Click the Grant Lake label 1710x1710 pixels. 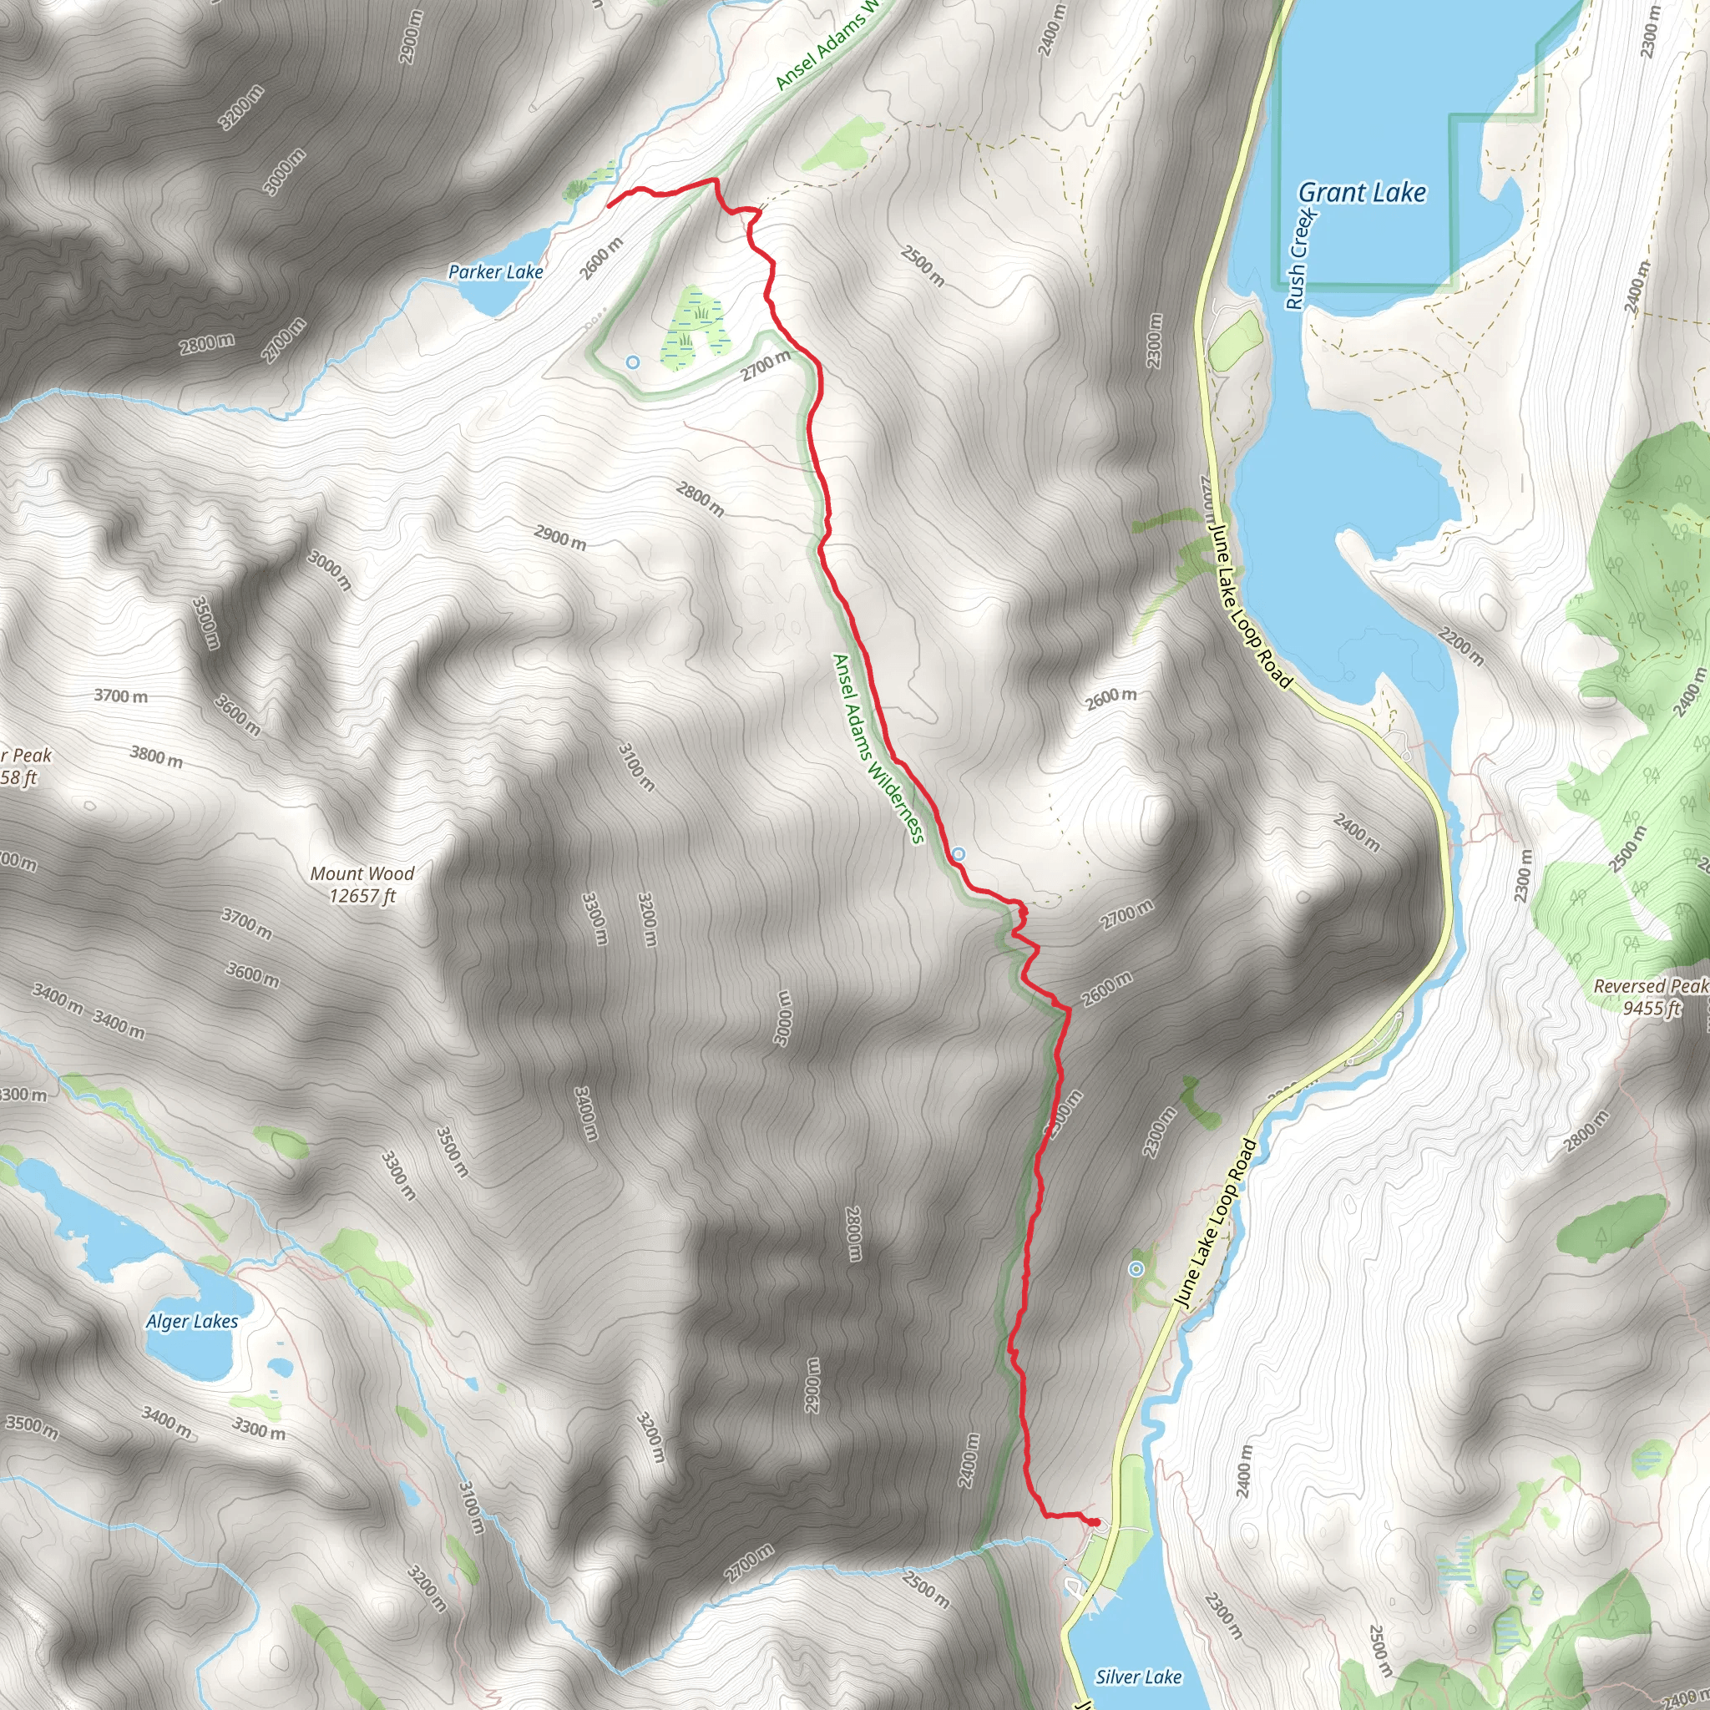click(1361, 193)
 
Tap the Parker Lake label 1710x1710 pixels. click(496, 271)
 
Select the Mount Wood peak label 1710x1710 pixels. click(362, 884)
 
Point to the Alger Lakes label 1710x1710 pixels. click(192, 1322)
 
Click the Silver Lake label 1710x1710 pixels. click(1138, 1652)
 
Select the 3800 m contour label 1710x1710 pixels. click(157, 756)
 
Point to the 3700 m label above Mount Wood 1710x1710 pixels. click(121, 696)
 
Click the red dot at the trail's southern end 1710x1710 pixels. click(1095, 1522)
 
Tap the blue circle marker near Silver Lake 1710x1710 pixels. click(1136, 1269)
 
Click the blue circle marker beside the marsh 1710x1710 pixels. click(632, 362)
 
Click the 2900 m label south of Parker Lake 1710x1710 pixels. click(560, 537)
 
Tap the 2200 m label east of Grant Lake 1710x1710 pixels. click(1461, 646)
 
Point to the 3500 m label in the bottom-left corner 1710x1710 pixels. click(31, 1428)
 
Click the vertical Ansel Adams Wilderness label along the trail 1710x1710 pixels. click(878, 749)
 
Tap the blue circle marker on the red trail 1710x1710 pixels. click(959, 854)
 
